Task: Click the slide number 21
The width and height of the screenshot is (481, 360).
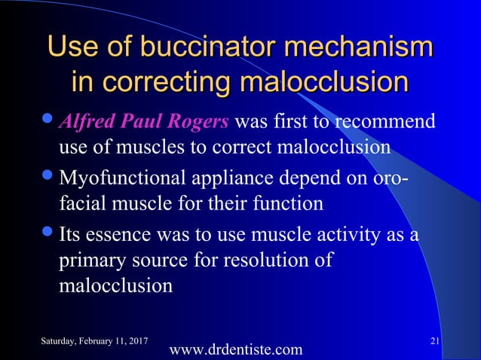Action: click(x=435, y=343)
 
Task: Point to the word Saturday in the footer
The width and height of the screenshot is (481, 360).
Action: click(x=54, y=343)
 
